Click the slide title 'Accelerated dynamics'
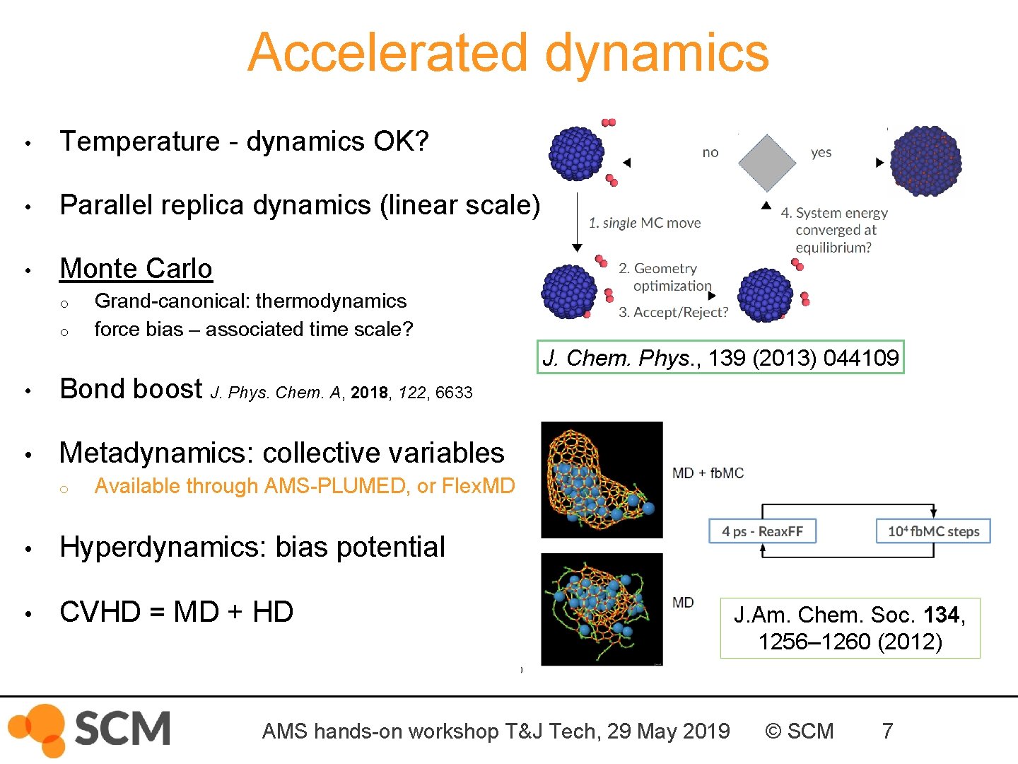pos(508,53)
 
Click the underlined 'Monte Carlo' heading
pos(136,269)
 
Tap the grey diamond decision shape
pos(767,163)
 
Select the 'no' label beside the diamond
pos(710,152)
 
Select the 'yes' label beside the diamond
pos(821,152)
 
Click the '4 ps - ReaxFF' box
pos(762,531)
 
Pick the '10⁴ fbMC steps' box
pos(933,531)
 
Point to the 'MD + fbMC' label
pos(708,473)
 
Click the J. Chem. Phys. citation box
pos(720,358)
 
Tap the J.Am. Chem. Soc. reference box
pos(850,628)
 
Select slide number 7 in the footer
pos(887,731)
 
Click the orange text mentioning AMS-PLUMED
pos(304,486)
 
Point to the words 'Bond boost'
pos(131,389)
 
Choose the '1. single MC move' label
pos(645,223)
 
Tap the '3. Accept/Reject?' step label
pos(673,312)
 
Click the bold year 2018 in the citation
pos(369,393)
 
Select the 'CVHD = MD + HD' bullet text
pos(176,612)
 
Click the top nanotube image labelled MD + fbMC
pos(602,480)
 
